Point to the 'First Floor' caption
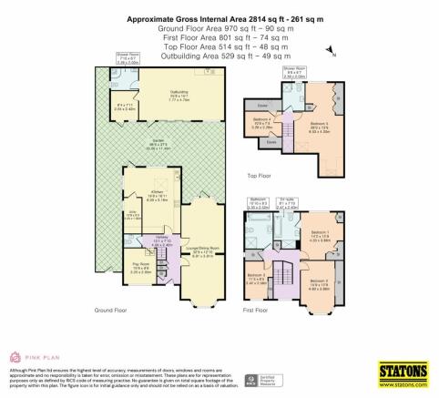[258, 311]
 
